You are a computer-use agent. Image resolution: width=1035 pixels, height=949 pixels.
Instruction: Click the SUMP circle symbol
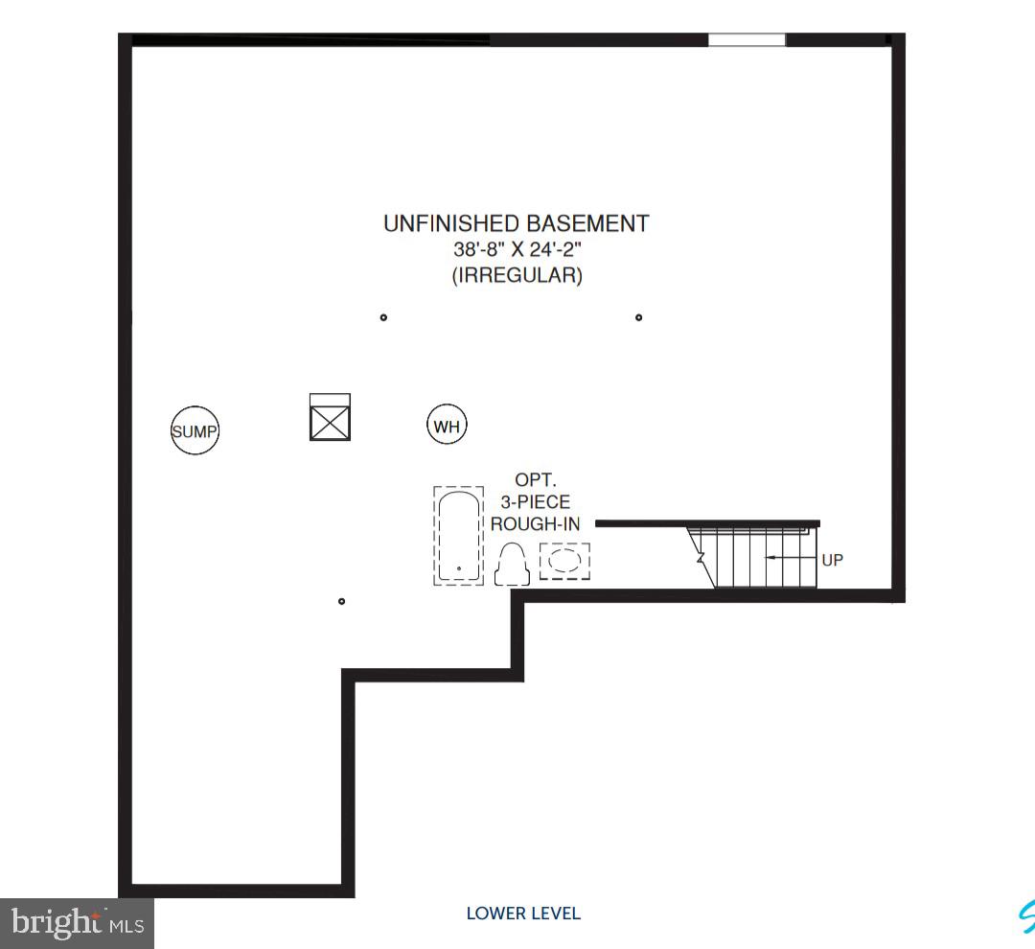tap(195, 431)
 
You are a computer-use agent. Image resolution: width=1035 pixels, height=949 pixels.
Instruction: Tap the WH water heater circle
tap(447, 426)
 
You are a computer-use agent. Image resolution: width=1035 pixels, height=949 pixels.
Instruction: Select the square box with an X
tap(330, 418)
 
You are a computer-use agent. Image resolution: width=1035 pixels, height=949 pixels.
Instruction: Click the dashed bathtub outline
tap(458, 536)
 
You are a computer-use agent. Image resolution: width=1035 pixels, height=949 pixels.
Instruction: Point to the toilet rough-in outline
tap(512, 564)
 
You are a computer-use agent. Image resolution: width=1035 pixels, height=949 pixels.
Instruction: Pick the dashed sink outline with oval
tap(564, 561)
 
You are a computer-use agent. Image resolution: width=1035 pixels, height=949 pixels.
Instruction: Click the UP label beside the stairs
tap(832, 560)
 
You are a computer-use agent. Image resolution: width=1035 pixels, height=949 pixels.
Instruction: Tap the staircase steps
tap(752, 557)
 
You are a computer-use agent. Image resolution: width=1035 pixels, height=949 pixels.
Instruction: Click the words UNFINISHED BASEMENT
tap(516, 223)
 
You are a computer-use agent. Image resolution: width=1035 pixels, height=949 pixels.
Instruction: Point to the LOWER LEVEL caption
tap(523, 914)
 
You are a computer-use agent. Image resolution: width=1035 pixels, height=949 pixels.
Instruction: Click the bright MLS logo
tap(77, 923)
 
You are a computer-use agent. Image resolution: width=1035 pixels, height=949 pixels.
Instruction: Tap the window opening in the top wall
tap(747, 40)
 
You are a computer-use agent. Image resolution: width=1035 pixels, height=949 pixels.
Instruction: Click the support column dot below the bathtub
tap(342, 602)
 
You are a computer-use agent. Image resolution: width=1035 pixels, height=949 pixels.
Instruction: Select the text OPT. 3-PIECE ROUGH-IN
tap(530, 501)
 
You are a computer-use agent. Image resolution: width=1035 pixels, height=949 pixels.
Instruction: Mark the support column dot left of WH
tap(383, 317)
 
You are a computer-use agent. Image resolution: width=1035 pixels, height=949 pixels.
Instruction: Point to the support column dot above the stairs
tap(639, 317)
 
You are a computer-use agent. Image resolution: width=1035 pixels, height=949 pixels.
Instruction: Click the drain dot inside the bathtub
tap(459, 568)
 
